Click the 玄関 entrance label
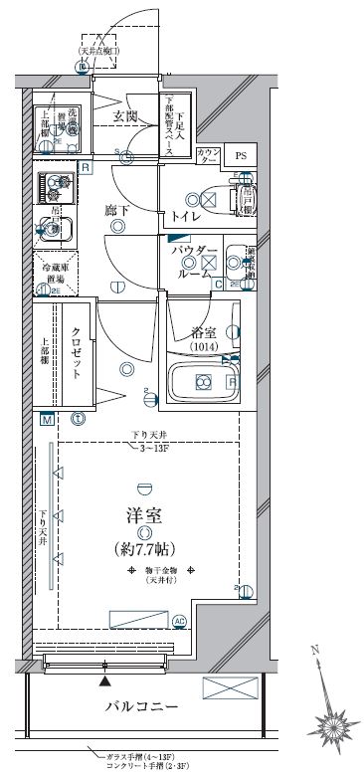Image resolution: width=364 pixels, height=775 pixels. [x=124, y=116]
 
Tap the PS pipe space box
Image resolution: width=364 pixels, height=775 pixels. [x=239, y=155]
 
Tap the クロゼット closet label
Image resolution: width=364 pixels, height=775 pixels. [x=76, y=353]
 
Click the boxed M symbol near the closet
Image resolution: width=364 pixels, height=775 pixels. [x=47, y=419]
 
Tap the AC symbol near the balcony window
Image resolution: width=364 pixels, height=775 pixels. [x=179, y=622]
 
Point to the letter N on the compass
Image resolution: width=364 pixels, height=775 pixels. [x=315, y=651]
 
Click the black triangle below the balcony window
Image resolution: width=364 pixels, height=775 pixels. [x=104, y=681]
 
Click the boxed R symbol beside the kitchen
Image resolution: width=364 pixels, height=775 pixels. [x=86, y=167]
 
